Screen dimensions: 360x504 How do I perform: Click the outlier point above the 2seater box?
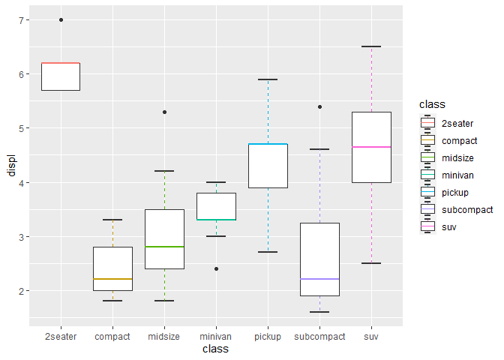[x=61, y=19]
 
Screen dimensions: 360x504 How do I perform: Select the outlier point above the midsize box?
[x=164, y=112]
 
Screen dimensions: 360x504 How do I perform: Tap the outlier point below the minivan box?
[x=216, y=268]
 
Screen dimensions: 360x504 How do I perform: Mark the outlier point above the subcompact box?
[x=320, y=106]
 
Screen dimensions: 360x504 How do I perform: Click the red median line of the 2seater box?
[x=61, y=63]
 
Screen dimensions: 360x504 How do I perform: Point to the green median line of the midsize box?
[x=164, y=247]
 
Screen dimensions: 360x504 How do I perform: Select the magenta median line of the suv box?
[x=372, y=147]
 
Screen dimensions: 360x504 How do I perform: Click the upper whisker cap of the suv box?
[x=372, y=46]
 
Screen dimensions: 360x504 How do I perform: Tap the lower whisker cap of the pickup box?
[x=268, y=252]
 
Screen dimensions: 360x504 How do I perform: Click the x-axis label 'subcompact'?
[x=320, y=337]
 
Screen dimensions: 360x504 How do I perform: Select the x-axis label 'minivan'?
[x=216, y=337]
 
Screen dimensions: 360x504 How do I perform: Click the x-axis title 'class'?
[x=216, y=349]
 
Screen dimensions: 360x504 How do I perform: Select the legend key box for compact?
[x=428, y=139]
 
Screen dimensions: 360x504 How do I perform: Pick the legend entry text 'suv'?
[x=450, y=226]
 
